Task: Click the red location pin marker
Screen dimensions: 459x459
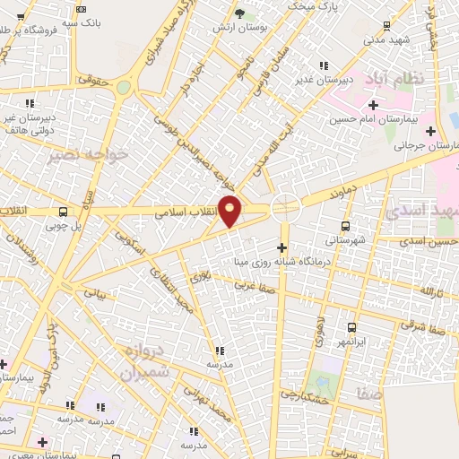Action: coord(230,211)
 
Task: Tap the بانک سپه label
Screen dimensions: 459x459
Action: coord(62,21)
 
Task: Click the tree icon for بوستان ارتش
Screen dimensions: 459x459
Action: coord(238,13)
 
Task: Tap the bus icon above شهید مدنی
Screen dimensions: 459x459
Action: coord(385,26)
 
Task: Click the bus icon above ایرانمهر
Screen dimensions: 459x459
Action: coord(351,328)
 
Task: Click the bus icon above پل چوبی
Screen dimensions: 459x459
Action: coord(61,212)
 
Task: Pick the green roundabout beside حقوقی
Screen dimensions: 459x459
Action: coord(123,87)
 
